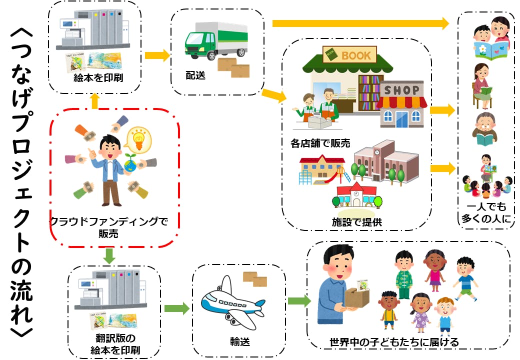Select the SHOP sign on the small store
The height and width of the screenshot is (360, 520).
tap(401, 90)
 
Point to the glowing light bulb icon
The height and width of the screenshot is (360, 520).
tap(138, 138)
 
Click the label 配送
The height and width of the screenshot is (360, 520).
tap(195, 76)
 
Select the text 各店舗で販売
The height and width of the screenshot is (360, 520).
tap(320, 143)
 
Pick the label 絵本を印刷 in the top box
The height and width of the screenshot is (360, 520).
tap(94, 79)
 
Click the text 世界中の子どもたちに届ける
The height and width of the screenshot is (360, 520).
tap(394, 342)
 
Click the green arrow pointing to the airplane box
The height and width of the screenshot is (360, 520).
tap(176, 308)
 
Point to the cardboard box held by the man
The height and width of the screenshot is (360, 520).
tap(356, 299)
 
